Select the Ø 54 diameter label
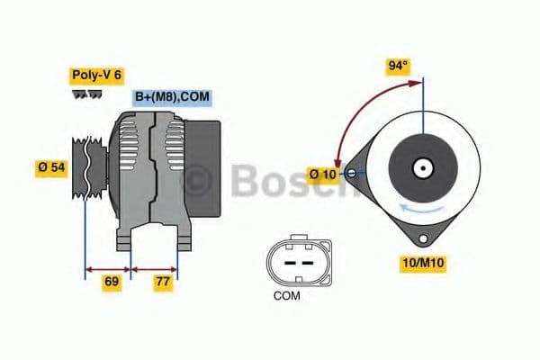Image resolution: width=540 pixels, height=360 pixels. pos(51,167)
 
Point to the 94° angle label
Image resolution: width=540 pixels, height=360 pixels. pos(398,66)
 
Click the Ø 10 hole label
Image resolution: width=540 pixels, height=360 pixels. pos(325,173)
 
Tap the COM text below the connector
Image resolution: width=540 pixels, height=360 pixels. pos(287,294)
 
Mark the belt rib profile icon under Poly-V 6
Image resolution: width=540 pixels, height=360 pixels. pos(85,93)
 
